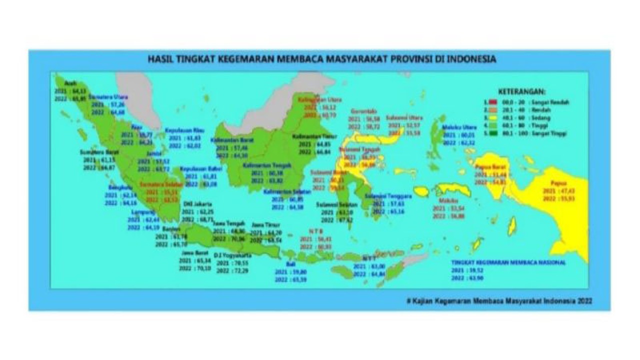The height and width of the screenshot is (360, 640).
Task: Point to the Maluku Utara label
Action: click(459, 127)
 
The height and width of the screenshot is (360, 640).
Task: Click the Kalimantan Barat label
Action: click(232, 140)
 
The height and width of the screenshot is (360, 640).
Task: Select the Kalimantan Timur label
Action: click(311, 136)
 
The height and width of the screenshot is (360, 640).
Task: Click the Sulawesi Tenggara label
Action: click(388, 196)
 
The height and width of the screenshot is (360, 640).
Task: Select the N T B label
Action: click(315, 231)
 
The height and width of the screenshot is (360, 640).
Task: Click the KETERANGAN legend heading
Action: click(522, 92)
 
